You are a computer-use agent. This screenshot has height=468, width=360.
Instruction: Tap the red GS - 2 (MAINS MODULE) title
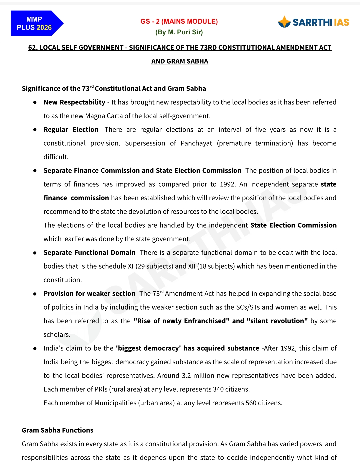[179, 21]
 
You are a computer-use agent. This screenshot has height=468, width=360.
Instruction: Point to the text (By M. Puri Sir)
[179, 32]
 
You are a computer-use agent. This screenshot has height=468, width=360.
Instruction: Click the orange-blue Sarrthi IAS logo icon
[284, 22]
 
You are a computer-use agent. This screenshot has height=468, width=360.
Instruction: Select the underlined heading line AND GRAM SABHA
[180, 61]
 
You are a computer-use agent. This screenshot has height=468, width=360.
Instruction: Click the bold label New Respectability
[74, 102]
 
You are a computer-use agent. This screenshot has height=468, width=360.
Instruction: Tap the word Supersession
[145, 143]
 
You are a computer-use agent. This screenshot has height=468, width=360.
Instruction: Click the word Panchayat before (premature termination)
[196, 143]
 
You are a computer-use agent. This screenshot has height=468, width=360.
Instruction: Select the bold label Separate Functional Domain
[89, 253]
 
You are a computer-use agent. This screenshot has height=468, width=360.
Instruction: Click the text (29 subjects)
[154, 266]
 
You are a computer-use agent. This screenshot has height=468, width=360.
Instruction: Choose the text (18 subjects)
[216, 266]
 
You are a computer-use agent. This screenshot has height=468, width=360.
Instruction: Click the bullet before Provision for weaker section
[35, 294]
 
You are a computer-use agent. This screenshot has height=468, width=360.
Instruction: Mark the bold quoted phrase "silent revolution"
[277, 321]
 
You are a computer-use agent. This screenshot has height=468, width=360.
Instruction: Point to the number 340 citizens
[231, 389]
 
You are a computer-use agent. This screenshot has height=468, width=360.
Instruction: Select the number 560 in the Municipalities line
[251, 403]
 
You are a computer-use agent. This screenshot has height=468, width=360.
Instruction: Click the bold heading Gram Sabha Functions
[58, 430]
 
